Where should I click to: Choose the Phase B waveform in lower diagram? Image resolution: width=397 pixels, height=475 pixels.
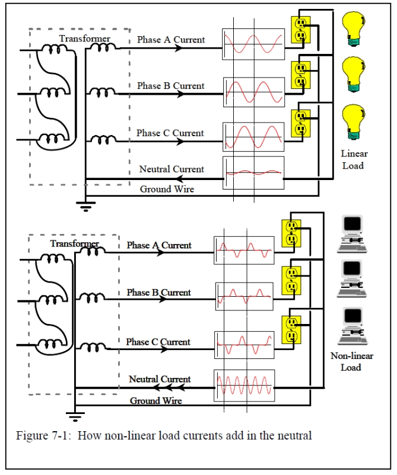pyautogui.click(x=244, y=296)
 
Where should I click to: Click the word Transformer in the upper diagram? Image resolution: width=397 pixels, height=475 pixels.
pyautogui.click(x=84, y=39)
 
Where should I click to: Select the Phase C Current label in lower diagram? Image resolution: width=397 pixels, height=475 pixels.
pyautogui.click(x=158, y=342)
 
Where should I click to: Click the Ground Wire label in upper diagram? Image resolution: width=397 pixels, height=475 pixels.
pyautogui.click(x=167, y=190)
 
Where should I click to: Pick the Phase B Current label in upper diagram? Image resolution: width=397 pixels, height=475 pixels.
pyautogui.click(x=170, y=86)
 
